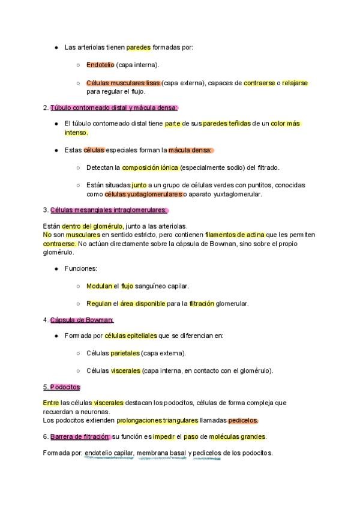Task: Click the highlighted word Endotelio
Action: point(100,65)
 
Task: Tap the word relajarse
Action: point(295,83)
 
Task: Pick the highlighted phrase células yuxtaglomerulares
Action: point(143,194)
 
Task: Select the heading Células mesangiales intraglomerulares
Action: point(109,210)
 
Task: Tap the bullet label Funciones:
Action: point(80,269)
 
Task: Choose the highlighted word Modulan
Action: point(99,286)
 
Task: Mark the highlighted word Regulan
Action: point(99,304)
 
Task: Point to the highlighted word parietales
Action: point(125,353)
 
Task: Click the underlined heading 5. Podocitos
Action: point(62,387)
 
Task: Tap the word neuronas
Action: point(94,412)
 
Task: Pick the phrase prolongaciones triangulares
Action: point(157,420)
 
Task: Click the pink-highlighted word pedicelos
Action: point(243,420)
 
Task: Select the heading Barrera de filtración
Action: point(80,436)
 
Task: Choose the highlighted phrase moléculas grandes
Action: point(237,436)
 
